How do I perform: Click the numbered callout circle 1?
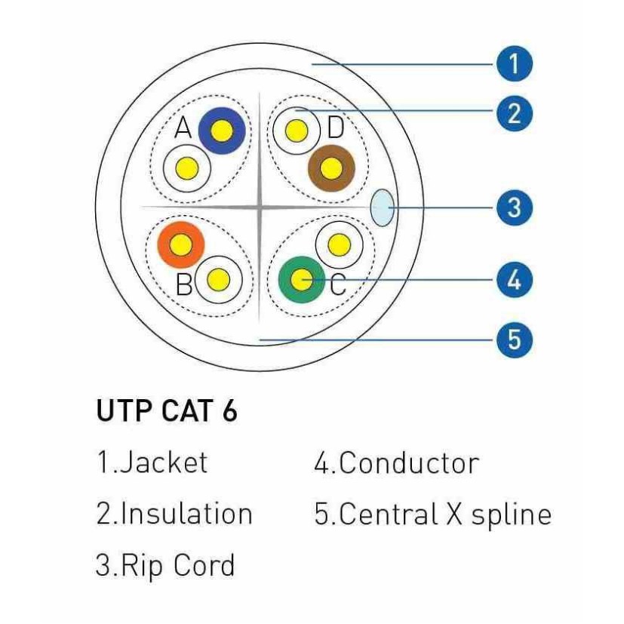pyautogui.click(x=514, y=65)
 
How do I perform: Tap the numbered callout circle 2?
pyautogui.click(x=514, y=112)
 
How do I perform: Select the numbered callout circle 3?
pyautogui.click(x=514, y=207)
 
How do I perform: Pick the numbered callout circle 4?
pyautogui.click(x=514, y=280)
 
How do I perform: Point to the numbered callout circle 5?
pyautogui.click(x=514, y=340)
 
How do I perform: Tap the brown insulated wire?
pyautogui.click(x=331, y=168)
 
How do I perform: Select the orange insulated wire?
pyautogui.click(x=180, y=244)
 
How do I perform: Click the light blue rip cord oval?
pyautogui.click(x=383, y=207)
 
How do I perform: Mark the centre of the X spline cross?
pyautogui.click(x=258, y=207)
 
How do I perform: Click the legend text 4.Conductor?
pyautogui.click(x=396, y=463)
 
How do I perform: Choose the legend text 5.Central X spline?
pyautogui.click(x=432, y=514)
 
